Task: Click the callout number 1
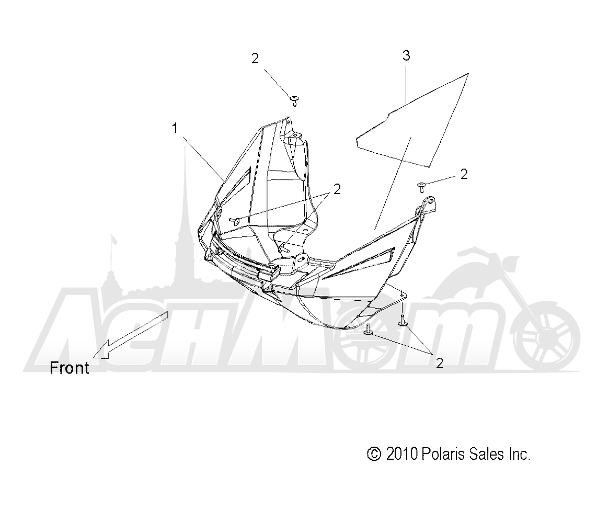175,128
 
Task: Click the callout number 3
406,55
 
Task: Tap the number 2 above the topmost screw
255,58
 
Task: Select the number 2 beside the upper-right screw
464,174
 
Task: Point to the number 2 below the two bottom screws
439,363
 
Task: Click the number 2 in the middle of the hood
337,189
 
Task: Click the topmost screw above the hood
294,101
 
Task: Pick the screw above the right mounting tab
421,187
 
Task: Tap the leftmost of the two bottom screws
369,330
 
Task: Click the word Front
70,368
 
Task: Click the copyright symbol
374,454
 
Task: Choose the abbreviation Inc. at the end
519,454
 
